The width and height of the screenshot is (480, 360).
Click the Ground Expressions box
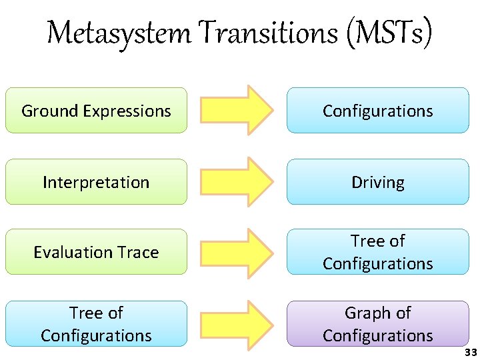96,111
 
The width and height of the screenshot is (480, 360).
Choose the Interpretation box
96,182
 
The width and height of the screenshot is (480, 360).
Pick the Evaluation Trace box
96,252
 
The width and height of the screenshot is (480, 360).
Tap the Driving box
378,182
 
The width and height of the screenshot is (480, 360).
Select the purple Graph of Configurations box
378,324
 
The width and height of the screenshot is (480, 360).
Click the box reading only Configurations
378,111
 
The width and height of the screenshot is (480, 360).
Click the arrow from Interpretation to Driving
237,181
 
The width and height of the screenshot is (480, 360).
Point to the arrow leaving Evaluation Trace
237,252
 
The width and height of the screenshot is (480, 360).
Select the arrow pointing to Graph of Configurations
237,324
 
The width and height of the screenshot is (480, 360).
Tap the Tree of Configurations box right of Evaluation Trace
378,252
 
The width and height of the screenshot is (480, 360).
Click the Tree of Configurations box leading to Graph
96,324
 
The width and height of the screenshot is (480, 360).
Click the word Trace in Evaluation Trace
140,252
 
